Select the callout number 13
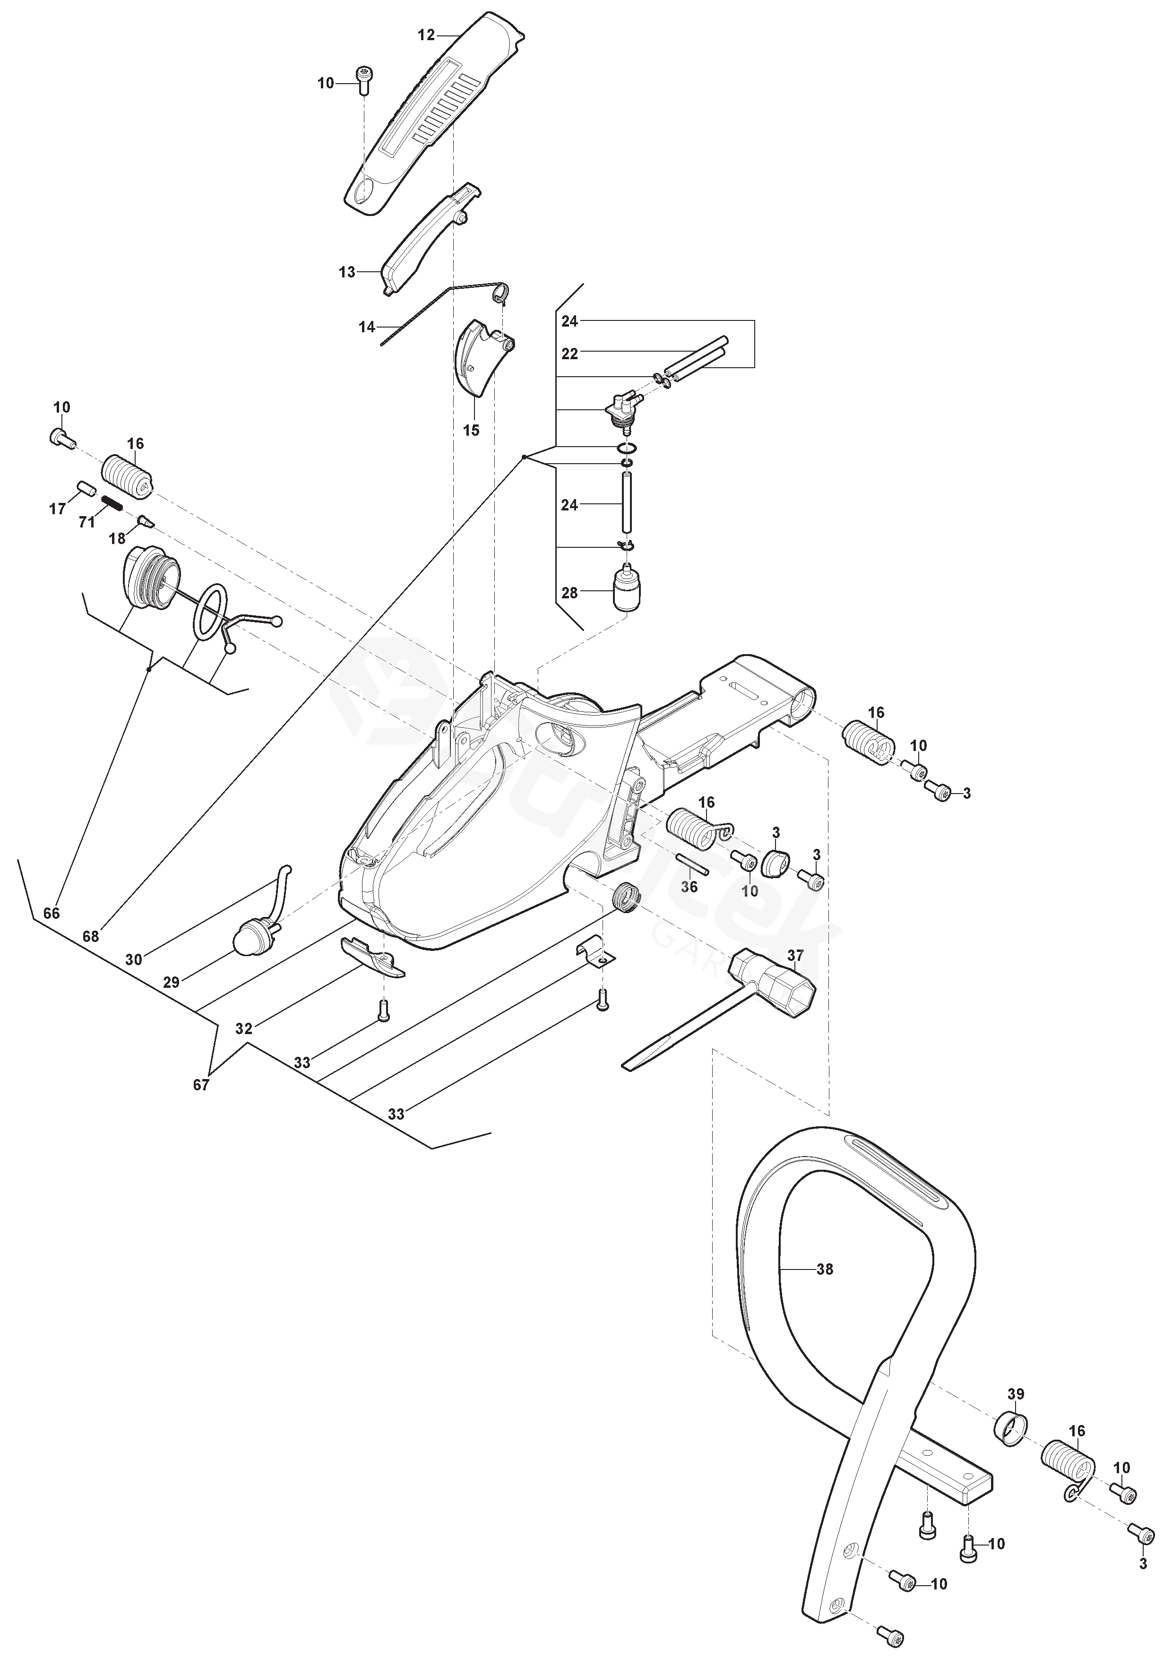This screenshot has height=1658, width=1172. (347, 272)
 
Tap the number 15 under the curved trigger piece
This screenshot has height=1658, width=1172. (471, 431)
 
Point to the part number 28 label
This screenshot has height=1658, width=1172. (570, 593)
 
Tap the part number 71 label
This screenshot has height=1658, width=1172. (86, 521)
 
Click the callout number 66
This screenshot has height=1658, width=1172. (51, 914)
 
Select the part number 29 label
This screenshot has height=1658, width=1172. (171, 982)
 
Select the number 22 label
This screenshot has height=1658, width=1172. (570, 354)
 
